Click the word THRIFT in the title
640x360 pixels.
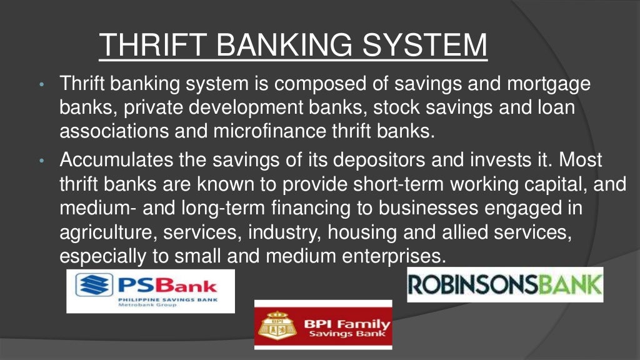coord(154,44)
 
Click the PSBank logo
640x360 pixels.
coord(150,291)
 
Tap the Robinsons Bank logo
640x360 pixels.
coord(505,284)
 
